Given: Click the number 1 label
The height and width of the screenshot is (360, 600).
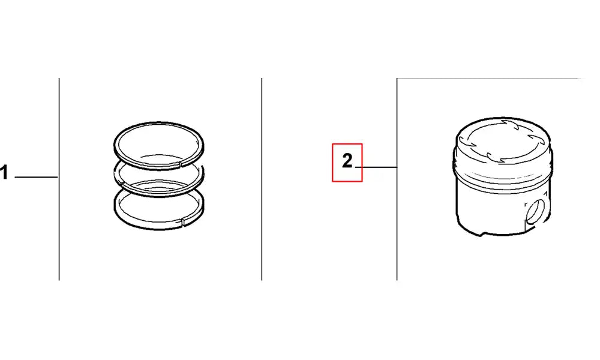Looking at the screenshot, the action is tap(4, 173).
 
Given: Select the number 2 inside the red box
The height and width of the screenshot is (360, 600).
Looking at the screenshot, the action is tap(347, 161).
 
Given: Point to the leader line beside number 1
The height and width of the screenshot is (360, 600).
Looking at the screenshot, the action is tap(37, 177).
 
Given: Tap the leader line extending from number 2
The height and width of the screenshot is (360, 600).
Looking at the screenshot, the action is tap(376, 167).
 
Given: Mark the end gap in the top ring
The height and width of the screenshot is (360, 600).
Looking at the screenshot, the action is tap(180, 165).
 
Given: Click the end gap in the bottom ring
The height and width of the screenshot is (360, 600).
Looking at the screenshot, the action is tap(182, 221).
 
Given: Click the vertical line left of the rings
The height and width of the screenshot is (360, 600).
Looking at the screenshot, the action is tap(59, 179).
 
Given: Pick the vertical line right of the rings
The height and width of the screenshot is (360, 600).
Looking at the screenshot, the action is tap(262, 179).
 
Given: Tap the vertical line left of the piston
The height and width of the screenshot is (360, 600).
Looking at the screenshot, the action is tap(397, 179).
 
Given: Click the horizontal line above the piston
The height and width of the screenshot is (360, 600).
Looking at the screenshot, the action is tap(491, 79).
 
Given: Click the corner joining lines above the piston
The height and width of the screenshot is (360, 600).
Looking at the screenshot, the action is tap(397, 79).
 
